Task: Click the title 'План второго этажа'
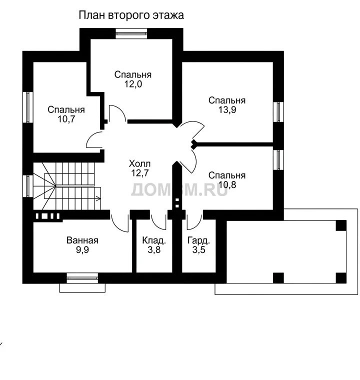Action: pos(131,15)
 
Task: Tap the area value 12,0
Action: pos(133,84)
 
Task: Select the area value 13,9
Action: pos(227,110)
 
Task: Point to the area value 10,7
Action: pos(66,119)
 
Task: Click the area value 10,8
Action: pos(227,184)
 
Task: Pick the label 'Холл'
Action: pos(139,164)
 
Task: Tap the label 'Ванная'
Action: pos(82,240)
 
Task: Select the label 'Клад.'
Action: pos(154,240)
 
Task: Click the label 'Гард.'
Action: pos(199,240)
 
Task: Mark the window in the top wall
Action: pos(131,33)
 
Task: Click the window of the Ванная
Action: pos(82,278)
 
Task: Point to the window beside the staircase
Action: pos(28,186)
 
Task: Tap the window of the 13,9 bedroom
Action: pos(278,112)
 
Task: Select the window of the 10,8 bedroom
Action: pos(278,160)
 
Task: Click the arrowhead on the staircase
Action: pos(98,199)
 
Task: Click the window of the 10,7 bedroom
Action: pos(28,107)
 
